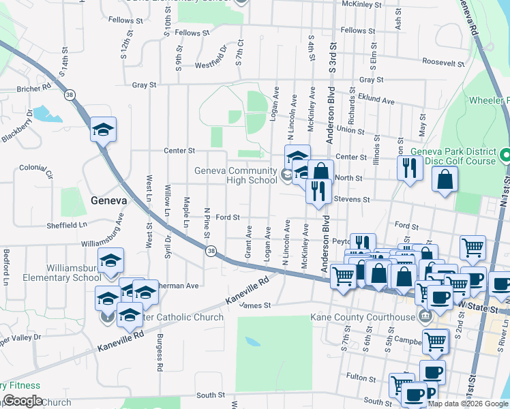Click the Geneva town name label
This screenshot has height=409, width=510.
click(108, 200)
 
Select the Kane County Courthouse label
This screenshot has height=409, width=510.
click(362, 317)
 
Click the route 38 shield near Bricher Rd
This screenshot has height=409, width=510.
click(70, 95)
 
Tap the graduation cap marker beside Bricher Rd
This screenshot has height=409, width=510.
click(104, 130)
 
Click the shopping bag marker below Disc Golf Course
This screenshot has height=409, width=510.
click(445, 181)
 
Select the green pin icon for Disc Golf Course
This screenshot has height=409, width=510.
click(505, 155)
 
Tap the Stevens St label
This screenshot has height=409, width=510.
click(352, 200)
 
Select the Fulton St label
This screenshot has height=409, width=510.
click(357, 376)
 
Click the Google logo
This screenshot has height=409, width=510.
click(22, 401)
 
